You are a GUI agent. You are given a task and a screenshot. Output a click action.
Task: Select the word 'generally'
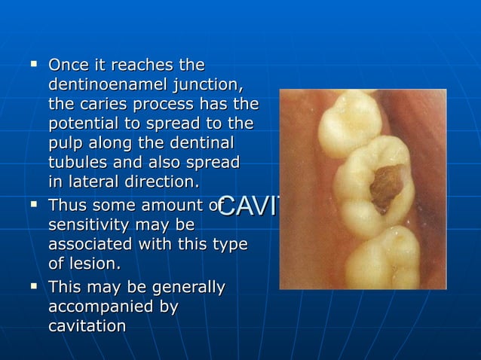click(188, 287)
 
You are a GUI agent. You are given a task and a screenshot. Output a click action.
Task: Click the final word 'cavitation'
click(87, 326)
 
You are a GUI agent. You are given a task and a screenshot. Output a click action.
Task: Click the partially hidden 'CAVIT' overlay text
click(249, 206)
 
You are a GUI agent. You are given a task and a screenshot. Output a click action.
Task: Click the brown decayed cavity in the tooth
click(387, 185)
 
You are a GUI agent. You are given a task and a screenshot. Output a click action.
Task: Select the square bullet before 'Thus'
click(35, 204)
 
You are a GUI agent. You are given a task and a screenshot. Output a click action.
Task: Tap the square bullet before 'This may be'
click(35, 285)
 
